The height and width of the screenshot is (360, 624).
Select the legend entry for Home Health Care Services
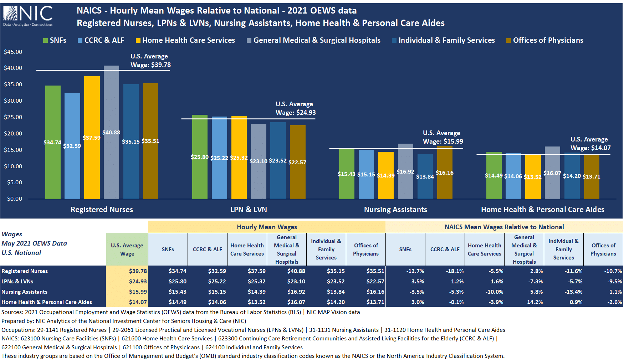pyautogui.click(x=185, y=40)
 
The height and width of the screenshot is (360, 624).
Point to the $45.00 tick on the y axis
pyautogui.click(x=13, y=52)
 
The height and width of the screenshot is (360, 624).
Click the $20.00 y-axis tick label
pyautogui.click(x=13, y=134)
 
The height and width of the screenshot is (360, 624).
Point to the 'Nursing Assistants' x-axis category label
pyautogui.click(x=395, y=210)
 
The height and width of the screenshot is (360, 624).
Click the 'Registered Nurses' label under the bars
pyautogui.click(x=102, y=210)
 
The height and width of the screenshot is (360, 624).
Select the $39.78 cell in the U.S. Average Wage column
pyautogui.click(x=138, y=271)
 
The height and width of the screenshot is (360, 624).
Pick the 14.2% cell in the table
pyautogui.click(x=535, y=302)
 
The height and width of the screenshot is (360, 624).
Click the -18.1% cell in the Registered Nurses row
pyautogui.click(x=455, y=271)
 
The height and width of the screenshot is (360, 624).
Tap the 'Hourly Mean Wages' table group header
pyautogui.click(x=267, y=227)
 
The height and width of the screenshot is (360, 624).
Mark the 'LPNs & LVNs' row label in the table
pyautogui.click(x=17, y=282)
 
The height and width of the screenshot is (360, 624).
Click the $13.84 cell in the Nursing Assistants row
pyautogui.click(x=336, y=292)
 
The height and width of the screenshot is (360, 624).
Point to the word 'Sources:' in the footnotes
pyautogui.click(x=12, y=312)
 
